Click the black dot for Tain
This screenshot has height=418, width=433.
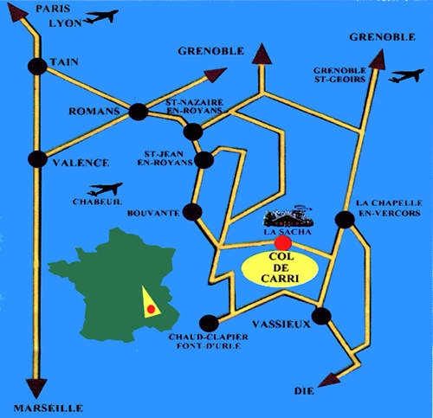coord(37,67)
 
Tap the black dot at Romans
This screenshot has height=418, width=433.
coord(139,112)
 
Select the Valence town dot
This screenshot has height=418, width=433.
coord(37,159)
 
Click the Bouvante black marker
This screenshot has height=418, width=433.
coord(192,212)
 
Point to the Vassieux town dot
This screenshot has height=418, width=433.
coord(321,316)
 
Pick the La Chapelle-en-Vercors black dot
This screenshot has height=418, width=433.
coord(345,220)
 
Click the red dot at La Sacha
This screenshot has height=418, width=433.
coord(283,243)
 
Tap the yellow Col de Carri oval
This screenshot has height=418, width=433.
coord(280,269)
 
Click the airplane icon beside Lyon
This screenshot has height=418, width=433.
coord(100,16)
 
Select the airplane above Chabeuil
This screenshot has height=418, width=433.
coord(105,189)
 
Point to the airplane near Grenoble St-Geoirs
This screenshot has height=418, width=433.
coord(406,76)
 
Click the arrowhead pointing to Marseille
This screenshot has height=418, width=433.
coord(36,389)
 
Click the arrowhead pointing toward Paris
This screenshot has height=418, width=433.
coord(16,12)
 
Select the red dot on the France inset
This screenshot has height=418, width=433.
coord(151,309)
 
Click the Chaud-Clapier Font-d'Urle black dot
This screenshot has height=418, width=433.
coord(209,324)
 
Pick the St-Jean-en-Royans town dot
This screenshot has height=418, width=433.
coord(204,160)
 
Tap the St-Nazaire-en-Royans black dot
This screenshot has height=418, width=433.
coord(193,132)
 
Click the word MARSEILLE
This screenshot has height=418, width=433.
coord(48,408)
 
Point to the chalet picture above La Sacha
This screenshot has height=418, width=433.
coord(288,216)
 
